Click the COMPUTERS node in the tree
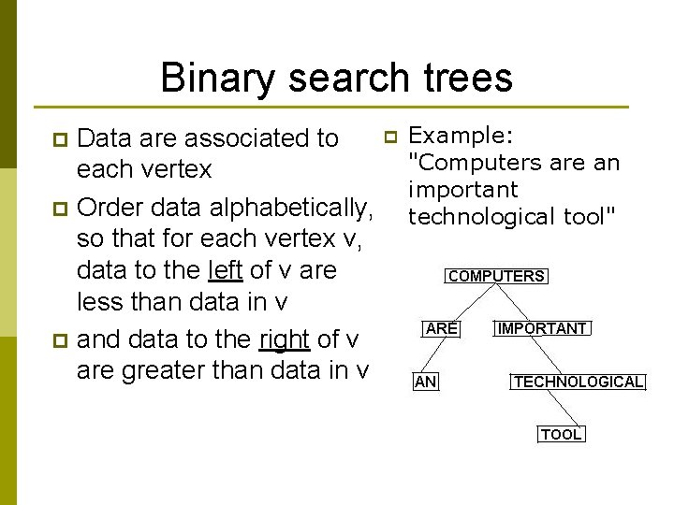pos(496,276)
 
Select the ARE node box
pos(441,328)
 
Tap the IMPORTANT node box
pos(542,328)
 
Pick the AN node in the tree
pos(426,382)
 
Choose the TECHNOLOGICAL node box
pos(578,382)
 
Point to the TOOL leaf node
pos(561,434)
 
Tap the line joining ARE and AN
pos(433,355)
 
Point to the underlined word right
pos(285,338)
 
